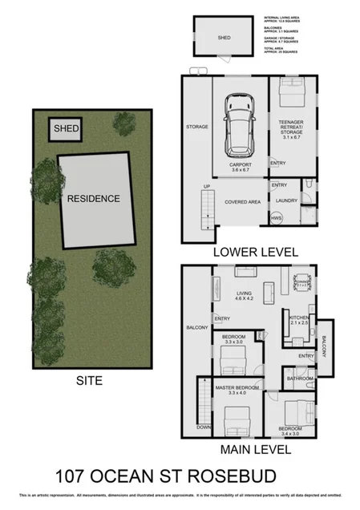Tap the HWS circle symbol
tap(277, 218)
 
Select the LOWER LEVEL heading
tap(256, 252)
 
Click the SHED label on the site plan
tap(62, 128)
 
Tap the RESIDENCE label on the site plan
tap(93, 198)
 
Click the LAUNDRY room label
tap(286, 200)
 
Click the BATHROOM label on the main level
tap(301, 377)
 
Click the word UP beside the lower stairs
tap(206, 186)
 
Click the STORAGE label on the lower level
tap(196, 127)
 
